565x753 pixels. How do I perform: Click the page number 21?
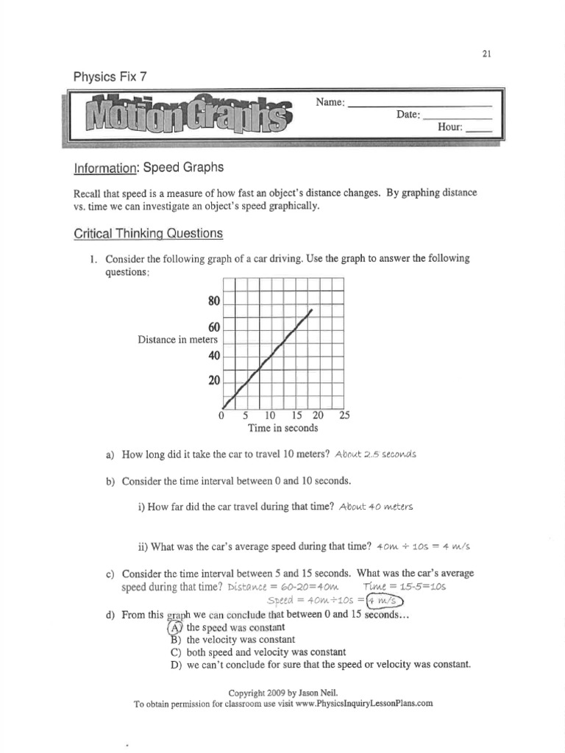click(x=487, y=54)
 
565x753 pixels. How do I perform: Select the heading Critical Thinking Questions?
click(x=147, y=234)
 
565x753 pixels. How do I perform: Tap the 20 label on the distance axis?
click(x=214, y=381)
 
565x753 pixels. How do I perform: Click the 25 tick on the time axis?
click(x=344, y=415)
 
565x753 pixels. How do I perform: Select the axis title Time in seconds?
click(x=282, y=428)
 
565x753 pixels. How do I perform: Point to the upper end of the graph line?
click(x=311, y=310)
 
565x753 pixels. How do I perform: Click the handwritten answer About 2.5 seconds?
click(x=375, y=454)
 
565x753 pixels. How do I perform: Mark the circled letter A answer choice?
click(x=174, y=627)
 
